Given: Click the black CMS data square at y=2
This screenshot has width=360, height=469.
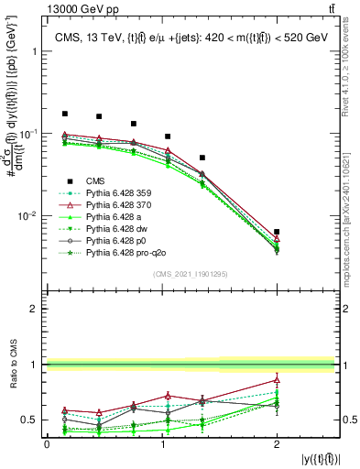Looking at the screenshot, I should click(277, 232).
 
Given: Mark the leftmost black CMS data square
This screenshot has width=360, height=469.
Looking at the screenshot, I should click(64, 114).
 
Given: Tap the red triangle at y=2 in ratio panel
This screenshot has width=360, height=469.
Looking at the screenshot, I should click(277, 380).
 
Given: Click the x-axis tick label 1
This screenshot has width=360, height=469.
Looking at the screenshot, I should click(162, 443).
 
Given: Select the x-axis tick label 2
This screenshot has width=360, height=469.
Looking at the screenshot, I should click(277, 443).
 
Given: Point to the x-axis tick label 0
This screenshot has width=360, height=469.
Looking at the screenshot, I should click(47, 443).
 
